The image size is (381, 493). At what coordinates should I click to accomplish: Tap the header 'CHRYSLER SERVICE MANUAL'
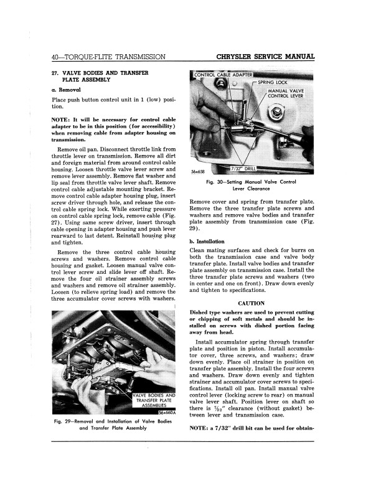(x=264, y=57)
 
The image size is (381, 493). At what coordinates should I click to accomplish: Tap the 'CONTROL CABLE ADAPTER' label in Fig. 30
(x=222, y=75)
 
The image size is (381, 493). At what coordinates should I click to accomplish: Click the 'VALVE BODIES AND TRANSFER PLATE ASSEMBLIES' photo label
(x=154, y=400)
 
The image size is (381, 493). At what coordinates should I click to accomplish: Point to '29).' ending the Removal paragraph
(x=198, y=229)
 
